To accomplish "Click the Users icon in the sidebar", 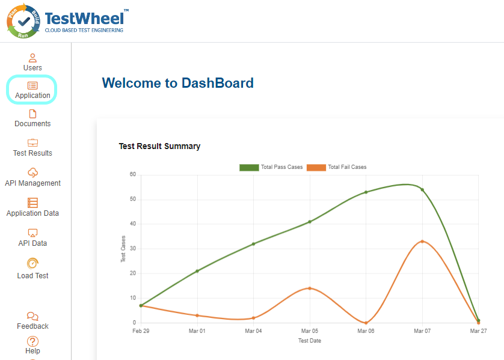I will [x=32, y=58].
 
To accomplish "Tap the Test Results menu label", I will [x=32, y=153].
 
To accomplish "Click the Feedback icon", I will [x=32, y=317].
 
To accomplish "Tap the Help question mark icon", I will [x=32, y=341].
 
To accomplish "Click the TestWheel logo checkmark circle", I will [x=24, y=21].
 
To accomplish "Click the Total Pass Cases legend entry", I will [x=271, y=167].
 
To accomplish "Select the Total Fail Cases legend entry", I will [x=337, y=167].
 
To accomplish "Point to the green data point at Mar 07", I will [x=422, y=190].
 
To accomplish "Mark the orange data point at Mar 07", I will [x=422, y=242].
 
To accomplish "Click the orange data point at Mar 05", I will [x=310, y=288].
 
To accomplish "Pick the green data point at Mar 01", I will [x=197, y=271].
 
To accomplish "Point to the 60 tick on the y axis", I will [x=132, y=175].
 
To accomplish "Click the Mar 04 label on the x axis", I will [x=253, y=331].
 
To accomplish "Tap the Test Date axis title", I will [x=310, y=341].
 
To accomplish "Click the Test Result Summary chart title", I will [x=159, y=146].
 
